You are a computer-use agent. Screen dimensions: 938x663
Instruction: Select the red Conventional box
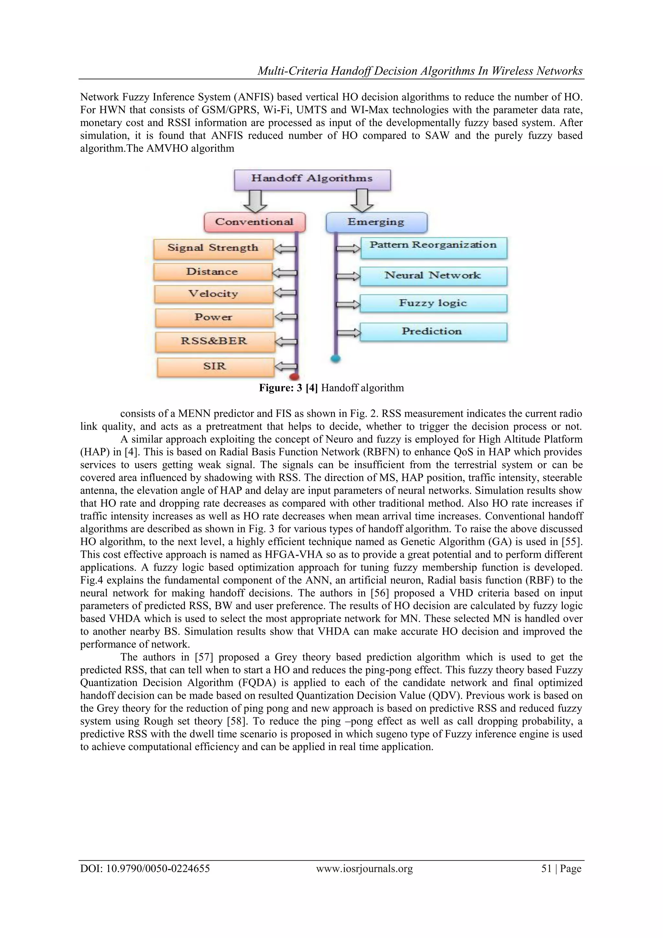pyautogui.click(x=254, y=222)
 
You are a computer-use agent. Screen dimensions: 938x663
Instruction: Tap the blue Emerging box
pyautogui.click(x=376, y=222)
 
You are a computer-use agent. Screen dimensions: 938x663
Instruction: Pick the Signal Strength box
pyautogui.click(x=213, y=249)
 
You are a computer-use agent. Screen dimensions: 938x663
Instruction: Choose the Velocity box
pyautogui.click(x=213, y=294)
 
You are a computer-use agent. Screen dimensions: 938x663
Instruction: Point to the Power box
pyautogui.click(x=214, y=318)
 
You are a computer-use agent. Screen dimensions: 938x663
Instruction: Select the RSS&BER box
pyautogui.click(x=214, y=342)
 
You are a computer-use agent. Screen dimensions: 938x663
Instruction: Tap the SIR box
pyautogui.click(x=215, y=366)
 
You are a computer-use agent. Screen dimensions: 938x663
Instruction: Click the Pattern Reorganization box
pyautogui.click(x=433, y=247)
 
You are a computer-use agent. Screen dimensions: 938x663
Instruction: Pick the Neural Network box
pyautogui.click(x=433, y=276)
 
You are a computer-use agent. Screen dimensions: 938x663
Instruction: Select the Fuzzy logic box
pyautogui.click(x=433, y=304)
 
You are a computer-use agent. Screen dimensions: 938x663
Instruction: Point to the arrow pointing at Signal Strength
pyautogui.click(x=285, y=249)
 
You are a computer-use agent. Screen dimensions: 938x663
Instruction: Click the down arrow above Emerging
pyautogui.click(x=362, y=201)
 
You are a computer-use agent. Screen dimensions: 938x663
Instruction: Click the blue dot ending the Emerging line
pyautogui.click(x=336, y=359)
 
